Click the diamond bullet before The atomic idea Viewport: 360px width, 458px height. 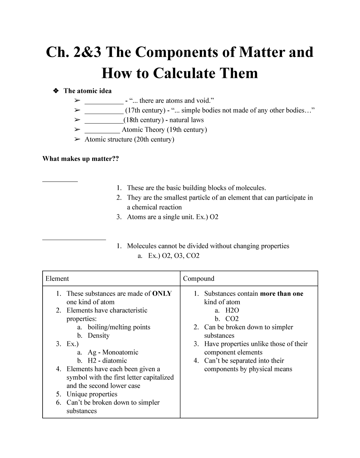[55, 91]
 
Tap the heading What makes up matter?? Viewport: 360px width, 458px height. [81, 159]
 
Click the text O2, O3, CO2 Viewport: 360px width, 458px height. [181, 256]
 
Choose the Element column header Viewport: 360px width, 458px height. [57, 278]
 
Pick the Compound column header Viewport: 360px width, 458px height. [199, 278]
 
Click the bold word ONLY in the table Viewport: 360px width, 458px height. [162, 293]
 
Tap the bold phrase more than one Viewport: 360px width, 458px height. [281, 293]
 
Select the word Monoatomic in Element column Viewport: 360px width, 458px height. [120, 352]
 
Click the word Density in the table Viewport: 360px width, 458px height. [98, 335]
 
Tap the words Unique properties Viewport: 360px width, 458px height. [92, 394]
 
